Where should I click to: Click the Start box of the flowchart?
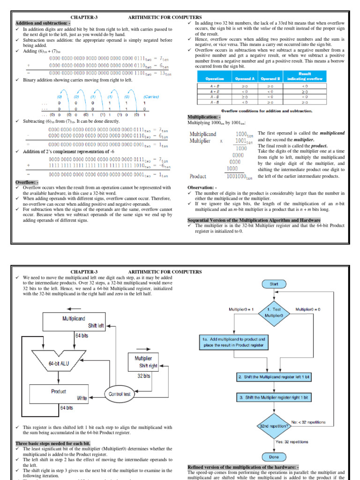click(273, 284)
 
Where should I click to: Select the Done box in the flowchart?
click(273, 457)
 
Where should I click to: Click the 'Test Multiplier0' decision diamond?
click(274, 312)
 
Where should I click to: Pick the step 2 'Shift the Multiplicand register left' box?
click(273, 377)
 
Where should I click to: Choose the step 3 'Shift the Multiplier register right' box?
click(273, 397)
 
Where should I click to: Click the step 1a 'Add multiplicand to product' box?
click(234, 342)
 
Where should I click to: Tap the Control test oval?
click(119, 394)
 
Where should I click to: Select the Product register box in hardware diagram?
click(60, 394)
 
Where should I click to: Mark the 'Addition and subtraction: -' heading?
click(43, 23)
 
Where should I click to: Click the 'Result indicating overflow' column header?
click(305, 77)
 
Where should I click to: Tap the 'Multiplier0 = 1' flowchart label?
click(241, 309)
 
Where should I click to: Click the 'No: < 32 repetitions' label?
click(308, 422)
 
